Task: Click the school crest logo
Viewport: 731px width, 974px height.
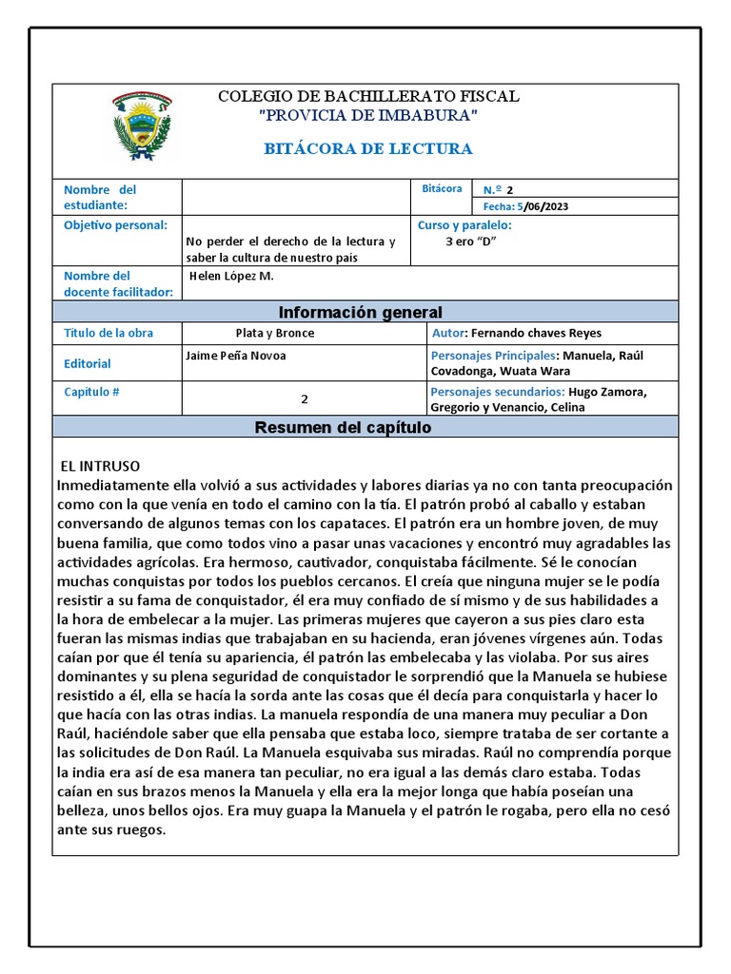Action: pos(142,127)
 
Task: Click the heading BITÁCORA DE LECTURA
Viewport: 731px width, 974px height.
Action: pos(367,149)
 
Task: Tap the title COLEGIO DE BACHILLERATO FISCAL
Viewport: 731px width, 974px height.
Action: pos(368,96)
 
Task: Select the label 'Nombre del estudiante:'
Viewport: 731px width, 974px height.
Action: pos(100,197)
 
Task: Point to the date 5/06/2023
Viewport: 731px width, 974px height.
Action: pos(543,206)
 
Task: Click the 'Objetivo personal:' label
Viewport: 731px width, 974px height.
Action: pos(115,225)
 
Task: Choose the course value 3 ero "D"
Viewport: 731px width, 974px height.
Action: pos(471,241)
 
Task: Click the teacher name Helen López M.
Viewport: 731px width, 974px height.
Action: pos(232,276)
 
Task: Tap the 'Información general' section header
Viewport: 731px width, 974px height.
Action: pos(360,312)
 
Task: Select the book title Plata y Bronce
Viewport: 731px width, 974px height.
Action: pos(275,334)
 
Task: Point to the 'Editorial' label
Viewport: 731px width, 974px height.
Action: pos(87,363)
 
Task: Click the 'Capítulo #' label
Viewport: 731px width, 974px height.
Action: pos(92,392)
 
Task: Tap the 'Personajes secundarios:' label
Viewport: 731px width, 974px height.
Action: pos(498,392)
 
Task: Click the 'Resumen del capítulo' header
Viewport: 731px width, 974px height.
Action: pos(343,428)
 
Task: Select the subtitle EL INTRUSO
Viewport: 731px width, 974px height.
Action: pos(100,466)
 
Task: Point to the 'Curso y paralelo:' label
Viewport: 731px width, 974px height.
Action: pos(464,225)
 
